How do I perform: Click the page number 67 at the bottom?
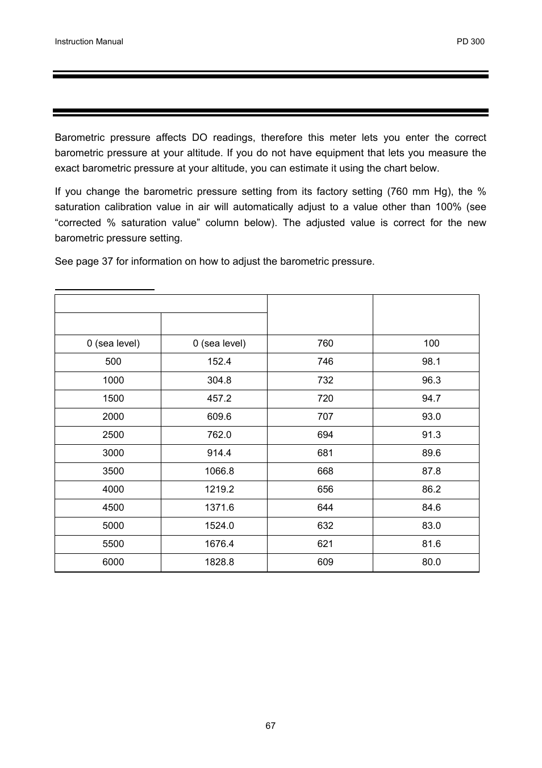270,725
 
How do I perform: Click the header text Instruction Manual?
89,41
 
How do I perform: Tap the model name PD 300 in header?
470,41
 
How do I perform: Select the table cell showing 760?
326,343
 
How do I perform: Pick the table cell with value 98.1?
431,361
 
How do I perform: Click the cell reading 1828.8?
219,562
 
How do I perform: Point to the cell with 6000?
113,562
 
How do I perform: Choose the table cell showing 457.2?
219,398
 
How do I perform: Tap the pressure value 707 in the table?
326,416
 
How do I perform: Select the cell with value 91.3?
431,435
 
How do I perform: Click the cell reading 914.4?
219,453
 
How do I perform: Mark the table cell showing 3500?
113,471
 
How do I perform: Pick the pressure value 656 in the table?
326,489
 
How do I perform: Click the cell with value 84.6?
431,507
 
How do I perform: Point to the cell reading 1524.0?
219,525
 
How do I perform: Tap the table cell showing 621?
326,544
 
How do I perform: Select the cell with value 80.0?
431,562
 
